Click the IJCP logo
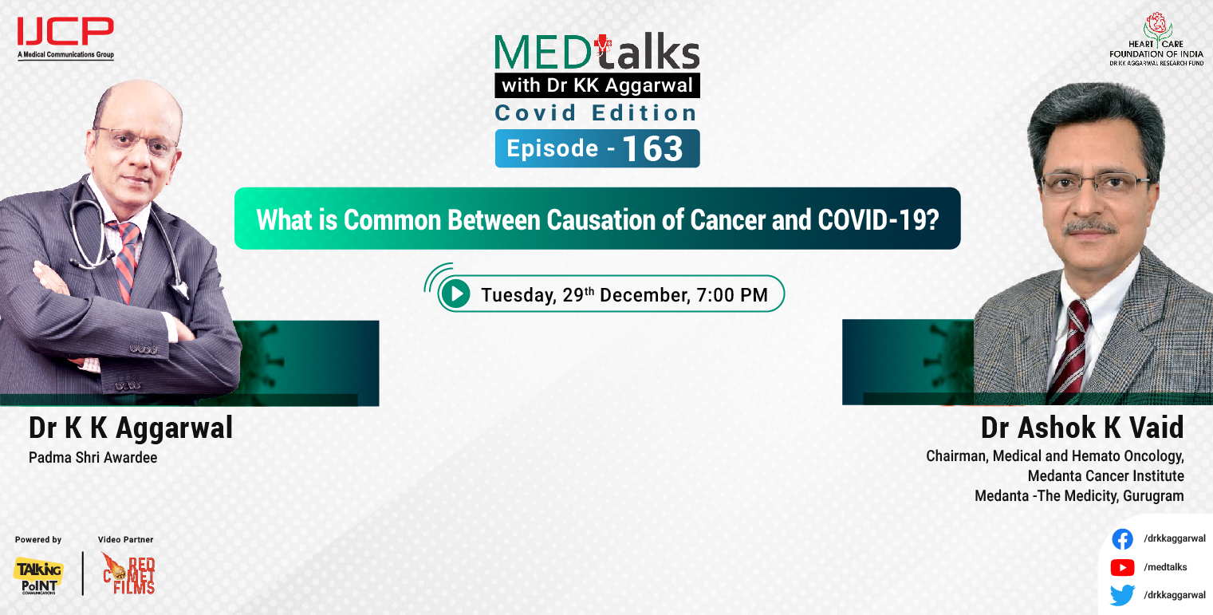coord(65,33)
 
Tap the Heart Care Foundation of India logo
coord(1156,39)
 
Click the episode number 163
coord(652,149)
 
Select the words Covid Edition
coord(597,112)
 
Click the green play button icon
coord(456,294)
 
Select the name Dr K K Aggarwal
coord(131,428)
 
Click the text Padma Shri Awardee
coord(93,459)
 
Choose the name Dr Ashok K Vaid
coord(1082,428)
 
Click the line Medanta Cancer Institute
coord(1105,476)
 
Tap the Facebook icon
coord(1122,539)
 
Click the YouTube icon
coord(1122,567)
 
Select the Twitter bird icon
coord(1122,595)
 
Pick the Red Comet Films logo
coord(128,574)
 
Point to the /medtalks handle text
coord(1165,567)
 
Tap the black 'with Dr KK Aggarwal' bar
coord(597,85)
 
